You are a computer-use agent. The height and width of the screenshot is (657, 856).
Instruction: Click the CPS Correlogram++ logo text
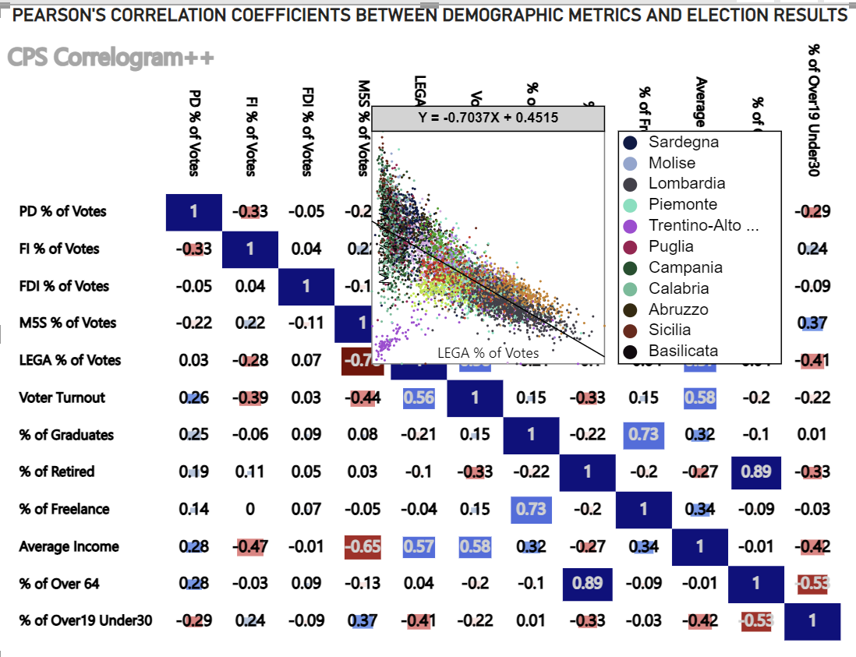coord(110,58)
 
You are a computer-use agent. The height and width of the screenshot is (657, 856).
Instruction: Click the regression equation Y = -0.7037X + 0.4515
coord(488,118)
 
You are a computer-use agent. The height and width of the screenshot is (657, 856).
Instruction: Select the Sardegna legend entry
coord(683,142)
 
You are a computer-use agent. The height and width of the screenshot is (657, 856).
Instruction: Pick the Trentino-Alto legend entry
coord(702,225)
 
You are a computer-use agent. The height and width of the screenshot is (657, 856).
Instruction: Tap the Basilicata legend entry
coord(683,351)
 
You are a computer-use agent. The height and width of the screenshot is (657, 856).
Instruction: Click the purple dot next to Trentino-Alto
coord(631,226)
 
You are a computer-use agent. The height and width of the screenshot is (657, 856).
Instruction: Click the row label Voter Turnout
coord(62,397)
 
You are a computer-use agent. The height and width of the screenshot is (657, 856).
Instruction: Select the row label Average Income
coord(69,546)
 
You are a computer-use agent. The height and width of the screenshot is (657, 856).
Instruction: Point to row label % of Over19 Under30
coord(86,621)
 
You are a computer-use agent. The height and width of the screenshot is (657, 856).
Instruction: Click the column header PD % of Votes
coord(195,132)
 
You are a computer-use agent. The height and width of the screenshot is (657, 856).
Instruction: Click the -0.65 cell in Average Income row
coord(363,546)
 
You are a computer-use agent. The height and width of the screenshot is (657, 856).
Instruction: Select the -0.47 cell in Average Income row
coord(250,546)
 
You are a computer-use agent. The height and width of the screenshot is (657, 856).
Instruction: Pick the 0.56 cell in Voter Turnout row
coord(419,397)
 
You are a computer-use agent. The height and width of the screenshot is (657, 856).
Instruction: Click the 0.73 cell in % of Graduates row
coord(643,434)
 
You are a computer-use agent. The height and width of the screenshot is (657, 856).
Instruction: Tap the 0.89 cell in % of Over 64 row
coord(587,584)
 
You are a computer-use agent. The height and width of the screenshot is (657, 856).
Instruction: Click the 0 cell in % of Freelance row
coord(250,509)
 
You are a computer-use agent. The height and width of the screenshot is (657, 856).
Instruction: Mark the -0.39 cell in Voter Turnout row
coord(250,397)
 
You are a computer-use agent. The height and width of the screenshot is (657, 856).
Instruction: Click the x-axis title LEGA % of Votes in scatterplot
coord(488,352)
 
